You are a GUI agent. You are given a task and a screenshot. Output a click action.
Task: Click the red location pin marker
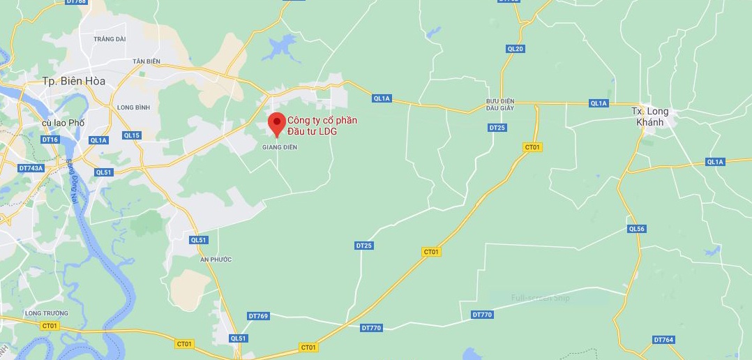click(x=277, y=123)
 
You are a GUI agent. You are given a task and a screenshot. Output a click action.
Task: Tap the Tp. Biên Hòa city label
click(x=74, y=81)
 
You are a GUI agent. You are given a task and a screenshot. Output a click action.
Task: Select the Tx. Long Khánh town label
click(x=649, y=117)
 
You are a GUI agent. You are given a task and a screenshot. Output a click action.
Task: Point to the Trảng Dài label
click(x=109, y=39)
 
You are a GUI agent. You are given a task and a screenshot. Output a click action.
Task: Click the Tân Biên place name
click(x=146, y=61)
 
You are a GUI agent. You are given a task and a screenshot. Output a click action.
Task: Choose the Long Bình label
click(x=134, y=107)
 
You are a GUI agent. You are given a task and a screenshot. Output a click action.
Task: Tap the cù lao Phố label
click(x=63, y=123)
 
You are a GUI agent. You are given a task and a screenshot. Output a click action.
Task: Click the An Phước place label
click(x=216, y=260)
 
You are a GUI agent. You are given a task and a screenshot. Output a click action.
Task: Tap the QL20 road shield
click(x=516, y=49)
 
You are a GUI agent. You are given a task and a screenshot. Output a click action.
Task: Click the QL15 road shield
click(x=131, y=135)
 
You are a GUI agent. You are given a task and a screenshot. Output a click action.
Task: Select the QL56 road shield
click(x=636, y=229)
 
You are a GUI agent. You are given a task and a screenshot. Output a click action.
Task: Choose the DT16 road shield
click(x=50, y=140)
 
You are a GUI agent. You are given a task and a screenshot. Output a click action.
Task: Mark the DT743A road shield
click(x=31, y=168)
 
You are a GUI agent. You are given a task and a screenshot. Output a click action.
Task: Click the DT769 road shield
click(x=258, y=316)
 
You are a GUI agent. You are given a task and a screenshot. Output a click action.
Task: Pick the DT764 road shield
click(x=663, y=340)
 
